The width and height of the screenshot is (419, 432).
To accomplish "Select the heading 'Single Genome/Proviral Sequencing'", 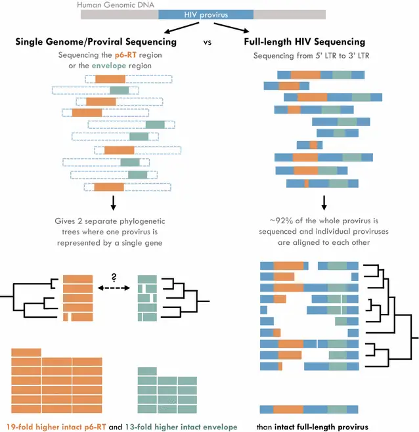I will [96, 41].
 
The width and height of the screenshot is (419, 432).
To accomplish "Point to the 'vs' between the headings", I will [208, 41].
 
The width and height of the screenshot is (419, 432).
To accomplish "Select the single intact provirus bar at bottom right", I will [309, 410].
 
